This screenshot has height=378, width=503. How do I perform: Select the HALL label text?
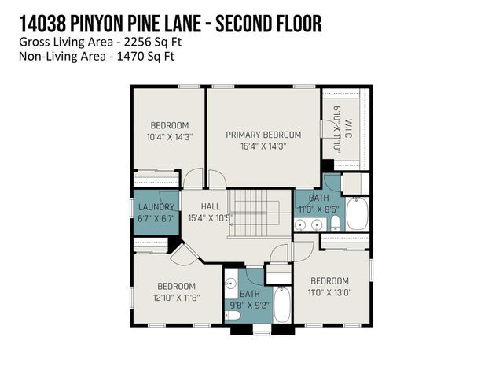pyautogui.click(x=210, y=206)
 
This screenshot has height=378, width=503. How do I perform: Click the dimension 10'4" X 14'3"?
pyautogui.click(x=170, y=136)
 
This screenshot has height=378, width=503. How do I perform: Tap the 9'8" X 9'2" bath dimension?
pyautogui.click(x=249, y=305)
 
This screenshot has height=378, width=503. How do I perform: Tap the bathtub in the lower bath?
pyautogui.click(x=281, y=306)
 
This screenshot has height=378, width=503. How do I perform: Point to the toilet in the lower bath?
pyautogui.click(x=233, y=317)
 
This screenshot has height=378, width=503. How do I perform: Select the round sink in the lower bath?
pyautogui.click(x=231, y=283)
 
